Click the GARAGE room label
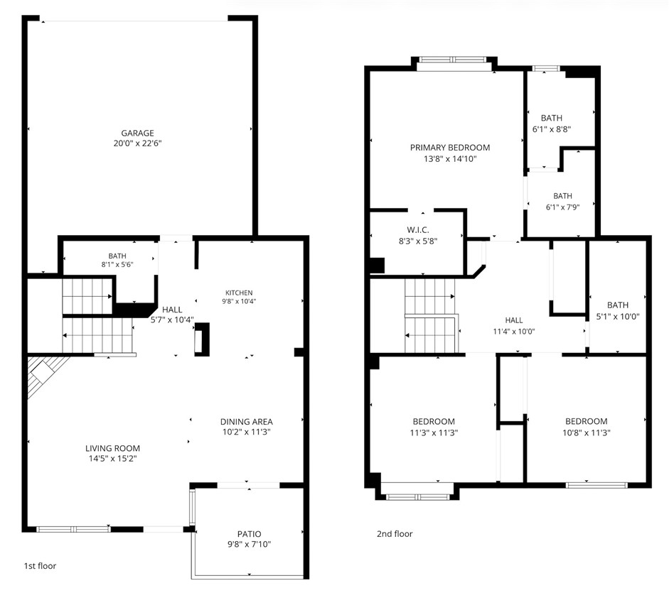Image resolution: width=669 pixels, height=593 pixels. pyautogui.click(x=137, y=133)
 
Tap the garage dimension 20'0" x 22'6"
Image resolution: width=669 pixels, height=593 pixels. pyautogui.click(x=137, y=143)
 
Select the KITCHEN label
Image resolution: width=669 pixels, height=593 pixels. pyautogui.click(x=239, y=293)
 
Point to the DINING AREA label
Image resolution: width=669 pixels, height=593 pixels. pyautogui.click(x=247, y=422)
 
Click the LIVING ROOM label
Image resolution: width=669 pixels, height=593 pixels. pyautogui.click(x=112, y=448)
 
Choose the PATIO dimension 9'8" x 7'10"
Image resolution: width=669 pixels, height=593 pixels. pyautogui.click(x=249, y=544)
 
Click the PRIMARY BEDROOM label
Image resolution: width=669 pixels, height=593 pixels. pyautogui.click(x=450, y=148)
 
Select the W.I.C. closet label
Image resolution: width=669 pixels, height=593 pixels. pyautogui.click(x=418, y=230)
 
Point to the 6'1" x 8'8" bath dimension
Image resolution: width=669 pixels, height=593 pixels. pyautogui.click(x=552, y=129)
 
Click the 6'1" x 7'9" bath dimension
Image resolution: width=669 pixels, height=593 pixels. pyautogui.click(x=563, y=207)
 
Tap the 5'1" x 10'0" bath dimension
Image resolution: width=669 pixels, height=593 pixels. pyautogui.click(x=618, y=316)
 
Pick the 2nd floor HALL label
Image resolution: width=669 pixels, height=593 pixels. pyautogui.click(x=514, y=320)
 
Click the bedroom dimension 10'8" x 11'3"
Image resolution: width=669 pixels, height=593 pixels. pyautogui.click(x=587, y=432)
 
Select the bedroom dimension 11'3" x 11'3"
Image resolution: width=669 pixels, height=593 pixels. pyautogui.click(x=434, y=432)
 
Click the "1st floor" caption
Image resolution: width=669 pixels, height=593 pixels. pyautogui.click(x=40, y=566)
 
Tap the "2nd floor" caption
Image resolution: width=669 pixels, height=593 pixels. pyautogui.click(x=395, y=534)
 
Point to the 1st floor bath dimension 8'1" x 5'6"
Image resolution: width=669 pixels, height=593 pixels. pyautogui.click(x=117, y=264)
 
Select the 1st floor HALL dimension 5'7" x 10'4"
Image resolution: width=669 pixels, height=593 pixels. pyautogui.click(x=172, y=320)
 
